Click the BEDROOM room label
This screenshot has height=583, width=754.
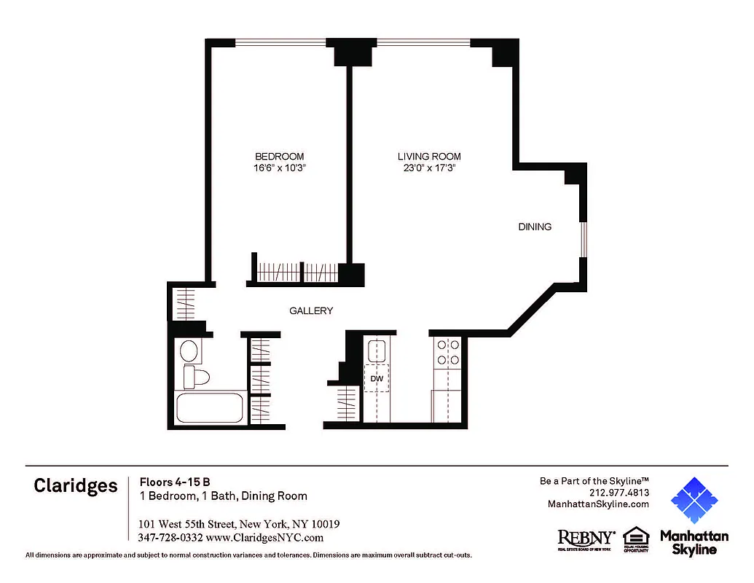pos(279,157)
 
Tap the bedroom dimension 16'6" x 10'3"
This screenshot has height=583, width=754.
pos(279,168)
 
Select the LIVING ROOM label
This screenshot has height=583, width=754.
pos(429,157)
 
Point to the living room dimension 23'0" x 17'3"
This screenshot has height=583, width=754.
pos(429,168)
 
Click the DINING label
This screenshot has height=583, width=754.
pos(535,227)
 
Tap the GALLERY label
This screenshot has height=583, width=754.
pos(311,310)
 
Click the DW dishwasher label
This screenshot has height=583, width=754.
pos(377,379)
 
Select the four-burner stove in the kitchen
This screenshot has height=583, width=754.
pos(447,353)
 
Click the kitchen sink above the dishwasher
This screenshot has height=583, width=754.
pos(377,352)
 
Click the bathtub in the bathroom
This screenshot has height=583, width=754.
pos(211,408)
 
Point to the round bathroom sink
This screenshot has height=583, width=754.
pos(189,351)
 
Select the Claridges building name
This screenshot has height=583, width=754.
pos(75,486)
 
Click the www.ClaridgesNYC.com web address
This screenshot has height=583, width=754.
pos(264,538)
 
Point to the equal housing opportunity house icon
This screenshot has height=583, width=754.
pos(635,537)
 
